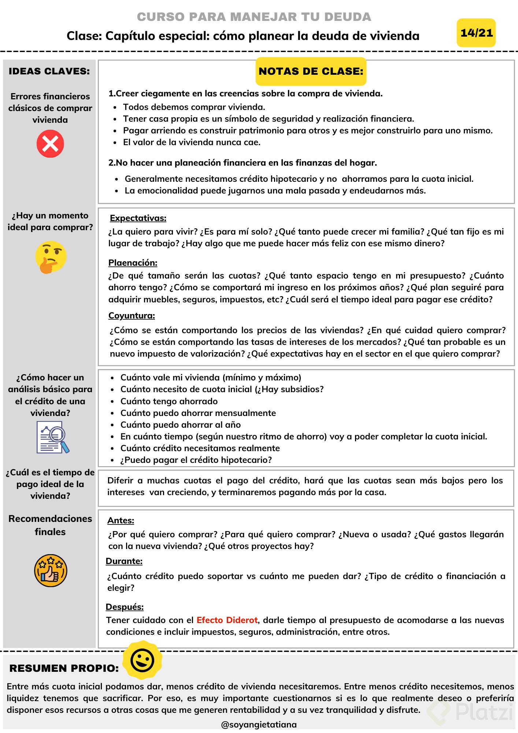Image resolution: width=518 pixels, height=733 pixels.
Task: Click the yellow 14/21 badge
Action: pyautogui.click(x=476, y=33)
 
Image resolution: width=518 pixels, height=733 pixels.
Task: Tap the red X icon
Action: pyautogui.click(x=50, y=143)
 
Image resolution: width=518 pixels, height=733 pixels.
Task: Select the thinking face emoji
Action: pyautogui.click(x=51, y=257)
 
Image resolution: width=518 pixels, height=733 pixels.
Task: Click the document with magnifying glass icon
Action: pyautogui.click(x=52, y=437)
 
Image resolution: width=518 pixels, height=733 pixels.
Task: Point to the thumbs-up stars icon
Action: pyautogui.click(x=51, y=570)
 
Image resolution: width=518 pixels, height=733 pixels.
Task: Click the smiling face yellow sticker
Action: pyautogui.click(x=142, y=660)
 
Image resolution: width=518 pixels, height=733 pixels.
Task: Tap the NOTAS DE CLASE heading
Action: pyautogui.click(x=311, y=71)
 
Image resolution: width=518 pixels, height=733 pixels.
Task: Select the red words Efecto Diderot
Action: pyautogui.click(x=227, y=620)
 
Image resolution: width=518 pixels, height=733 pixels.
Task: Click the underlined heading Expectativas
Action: pyautogui.click(x=138, y=218)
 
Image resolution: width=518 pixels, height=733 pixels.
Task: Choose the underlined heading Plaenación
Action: pyautogui.click(x=133, y=262)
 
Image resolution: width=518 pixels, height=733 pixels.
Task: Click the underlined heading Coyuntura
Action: pyautogui.click(x=132, y=316)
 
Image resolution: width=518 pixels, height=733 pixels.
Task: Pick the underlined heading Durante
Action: pyautogui.click(x=124, y=561)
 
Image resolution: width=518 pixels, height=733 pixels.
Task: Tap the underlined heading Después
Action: pyautogui.click(x=125, y=607)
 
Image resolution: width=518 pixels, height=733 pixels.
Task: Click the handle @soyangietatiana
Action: pyautogui.click(x=259, y=725)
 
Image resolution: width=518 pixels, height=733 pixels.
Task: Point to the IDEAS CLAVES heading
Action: pyautogui.click(x=49, y=71)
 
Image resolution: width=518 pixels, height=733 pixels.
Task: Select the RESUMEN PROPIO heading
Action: pyautogui.click(x=64, y=668)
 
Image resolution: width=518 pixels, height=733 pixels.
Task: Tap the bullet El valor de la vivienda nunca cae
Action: pyautogui.click(x=192, y=142)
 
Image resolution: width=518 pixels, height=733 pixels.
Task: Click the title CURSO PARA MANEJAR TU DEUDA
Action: pyautogui.click(x=254, y=17)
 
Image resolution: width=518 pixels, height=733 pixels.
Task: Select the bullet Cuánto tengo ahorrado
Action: pyautogui.click(x=169, y=401)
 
